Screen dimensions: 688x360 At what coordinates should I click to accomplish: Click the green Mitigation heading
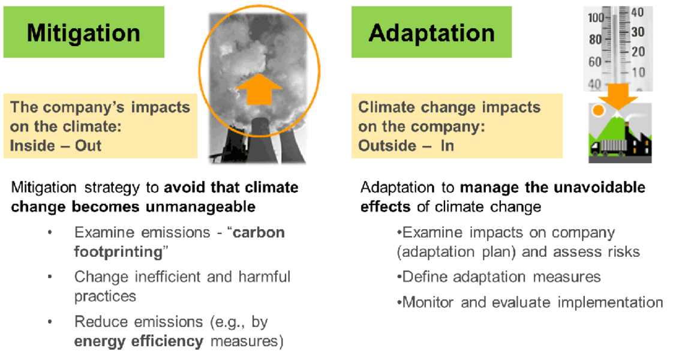84,32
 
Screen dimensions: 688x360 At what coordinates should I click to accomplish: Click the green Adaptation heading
431,32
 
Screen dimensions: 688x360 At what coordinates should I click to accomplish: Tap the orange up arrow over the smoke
259,89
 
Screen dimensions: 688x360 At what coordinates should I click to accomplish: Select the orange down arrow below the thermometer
617,97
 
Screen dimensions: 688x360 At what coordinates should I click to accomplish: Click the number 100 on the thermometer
596,18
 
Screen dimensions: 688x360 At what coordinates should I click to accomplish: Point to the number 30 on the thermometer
638,32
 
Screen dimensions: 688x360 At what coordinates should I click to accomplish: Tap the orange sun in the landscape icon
598,110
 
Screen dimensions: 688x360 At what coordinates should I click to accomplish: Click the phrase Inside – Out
56,145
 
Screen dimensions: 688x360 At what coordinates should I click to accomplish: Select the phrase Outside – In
406,145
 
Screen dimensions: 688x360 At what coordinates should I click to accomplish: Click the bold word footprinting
119,252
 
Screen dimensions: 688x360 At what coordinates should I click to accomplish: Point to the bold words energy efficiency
139,341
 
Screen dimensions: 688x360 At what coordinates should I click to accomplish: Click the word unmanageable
200,206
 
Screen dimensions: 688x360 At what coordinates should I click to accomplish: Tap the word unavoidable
599,187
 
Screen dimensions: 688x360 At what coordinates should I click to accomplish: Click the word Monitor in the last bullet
428,302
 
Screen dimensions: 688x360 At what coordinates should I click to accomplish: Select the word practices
106,296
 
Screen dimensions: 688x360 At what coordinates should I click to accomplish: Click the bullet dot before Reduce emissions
50,322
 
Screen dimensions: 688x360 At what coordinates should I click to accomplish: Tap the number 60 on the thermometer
595,62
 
